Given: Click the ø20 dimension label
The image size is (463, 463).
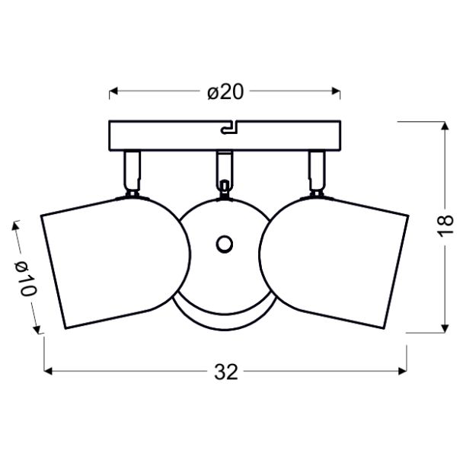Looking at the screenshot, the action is (x=225, y=91).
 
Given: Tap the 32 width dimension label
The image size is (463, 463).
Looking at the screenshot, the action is (x=226, y=372).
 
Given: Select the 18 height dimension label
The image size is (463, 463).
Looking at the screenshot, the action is (x=445, y=225).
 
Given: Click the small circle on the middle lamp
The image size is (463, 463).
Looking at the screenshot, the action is (x=225, y=244).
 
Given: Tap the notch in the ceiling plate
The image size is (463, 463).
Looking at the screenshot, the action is (x=229, y=128).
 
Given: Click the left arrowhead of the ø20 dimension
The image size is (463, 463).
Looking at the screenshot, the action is (x=113, y=91).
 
